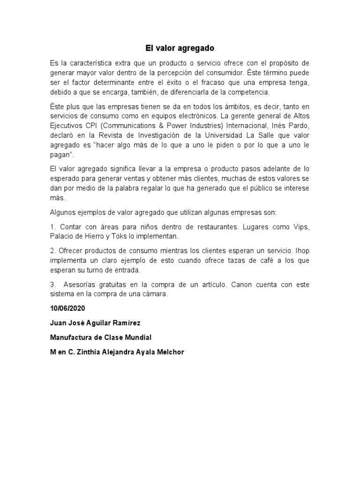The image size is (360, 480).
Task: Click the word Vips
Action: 300,227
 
